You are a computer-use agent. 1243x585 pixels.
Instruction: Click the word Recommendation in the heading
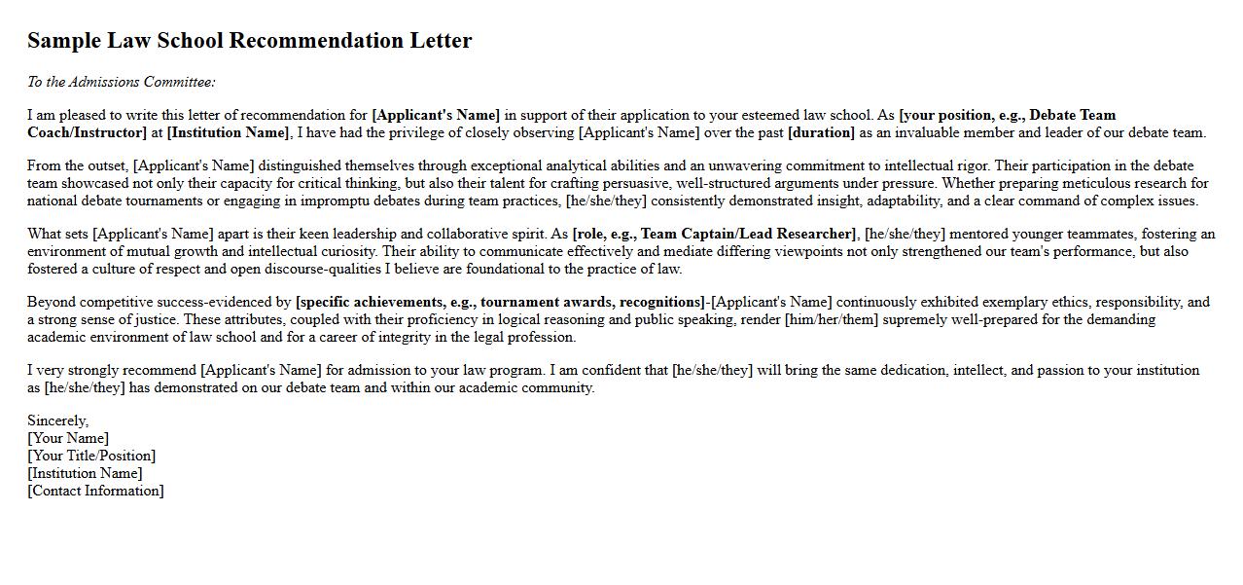pyautogui.click(x=319, y=41)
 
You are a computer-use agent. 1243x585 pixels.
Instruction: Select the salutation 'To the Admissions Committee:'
pyautogui.click(x=122, y=82)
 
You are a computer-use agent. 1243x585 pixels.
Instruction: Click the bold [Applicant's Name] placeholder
pyautogui.click(x=436, y=115)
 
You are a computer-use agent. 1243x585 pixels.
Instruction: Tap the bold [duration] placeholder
pyautogui.click(x=821, y=132)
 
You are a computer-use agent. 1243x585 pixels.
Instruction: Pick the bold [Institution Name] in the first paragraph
pyautogui.click(x=229, y=132)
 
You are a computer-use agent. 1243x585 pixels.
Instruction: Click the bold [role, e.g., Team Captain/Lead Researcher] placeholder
pyautogui.click(x=715, y=234)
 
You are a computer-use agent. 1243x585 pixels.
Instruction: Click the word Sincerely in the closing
pyautogui.click(x=57, y=420)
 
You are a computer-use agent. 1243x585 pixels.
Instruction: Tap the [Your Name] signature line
pyautogui.click(x=68, y=438)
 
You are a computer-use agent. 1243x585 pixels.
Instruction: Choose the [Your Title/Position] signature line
pyautogui.click(x=91, y=456)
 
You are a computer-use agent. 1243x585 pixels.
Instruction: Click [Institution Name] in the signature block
pyautogui.click(x=85, y=473)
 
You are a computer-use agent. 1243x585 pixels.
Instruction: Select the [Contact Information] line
pyautogui.click(x=95, y=491)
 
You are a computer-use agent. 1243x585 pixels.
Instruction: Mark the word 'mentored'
pyautogui.click(x=982, y=234)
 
